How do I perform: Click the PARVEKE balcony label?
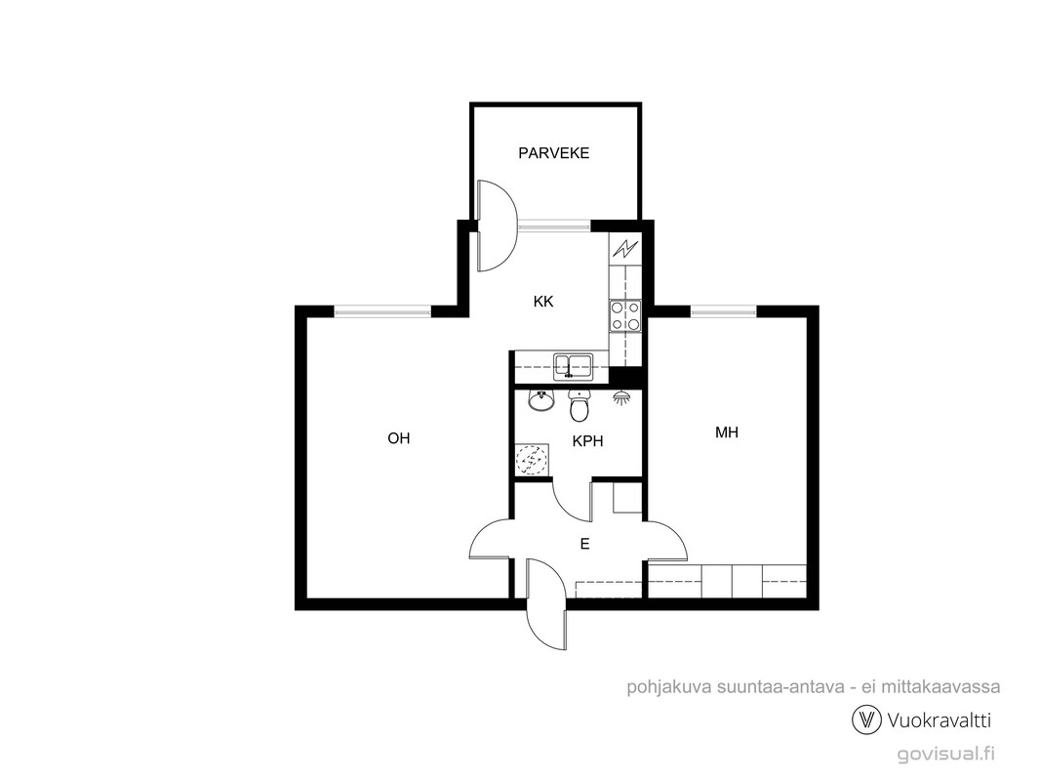click(554, 153)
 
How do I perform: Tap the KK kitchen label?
click(543, 302)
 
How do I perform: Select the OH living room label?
click(399, 438)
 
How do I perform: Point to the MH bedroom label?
click(726, 432)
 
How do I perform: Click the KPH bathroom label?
click(587, 440)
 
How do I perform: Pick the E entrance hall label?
click(585, 544)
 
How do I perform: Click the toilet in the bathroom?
click(580, 405)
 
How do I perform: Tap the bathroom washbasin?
click(541, 401)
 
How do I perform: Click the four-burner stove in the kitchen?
click(625, 316)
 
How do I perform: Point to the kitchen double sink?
click(574, 366)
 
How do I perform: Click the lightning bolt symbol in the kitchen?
click(624, 248)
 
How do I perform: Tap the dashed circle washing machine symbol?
click(532, 459)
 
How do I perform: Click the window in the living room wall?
click(382, 310)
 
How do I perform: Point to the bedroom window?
click(723, 310)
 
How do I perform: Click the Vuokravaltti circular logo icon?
click(866, 719)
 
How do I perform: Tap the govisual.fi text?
click(945, 754)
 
